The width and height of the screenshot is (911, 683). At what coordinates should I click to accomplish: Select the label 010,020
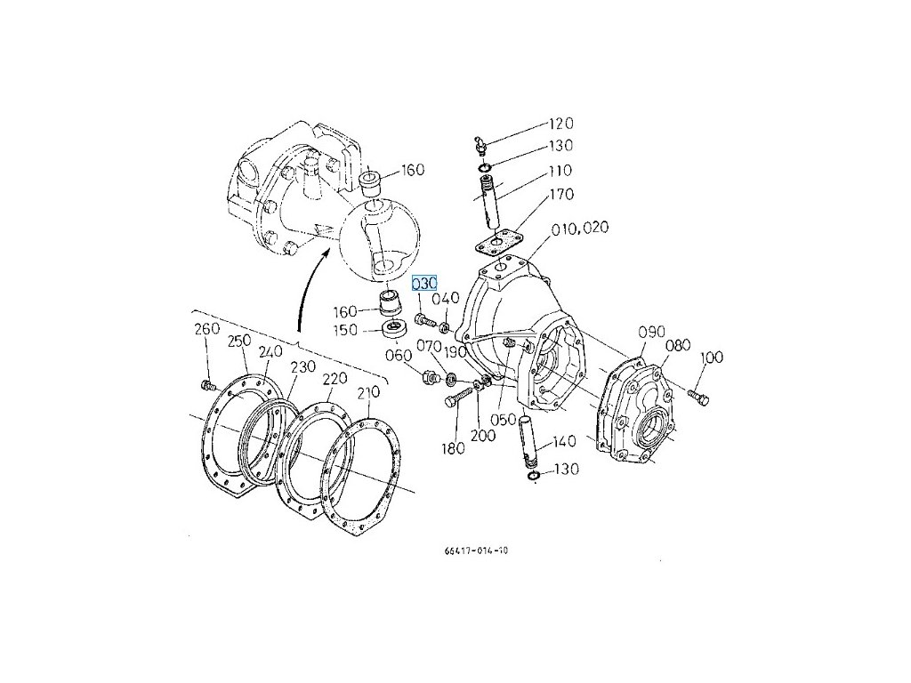(579, 229)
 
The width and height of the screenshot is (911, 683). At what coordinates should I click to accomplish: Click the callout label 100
(712, 358)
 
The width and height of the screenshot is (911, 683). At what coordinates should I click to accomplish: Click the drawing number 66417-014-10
(477, 550)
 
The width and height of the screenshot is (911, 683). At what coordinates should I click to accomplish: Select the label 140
(564, 441)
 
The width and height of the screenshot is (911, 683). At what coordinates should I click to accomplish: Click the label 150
(345, 330)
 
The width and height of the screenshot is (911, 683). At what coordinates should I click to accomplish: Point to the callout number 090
(652, 333)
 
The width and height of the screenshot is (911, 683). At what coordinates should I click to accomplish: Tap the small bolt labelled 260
(208, 385)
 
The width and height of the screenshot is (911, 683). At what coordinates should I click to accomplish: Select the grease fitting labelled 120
(479, 142)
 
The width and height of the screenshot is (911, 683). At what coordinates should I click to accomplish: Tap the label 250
(239, 341)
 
